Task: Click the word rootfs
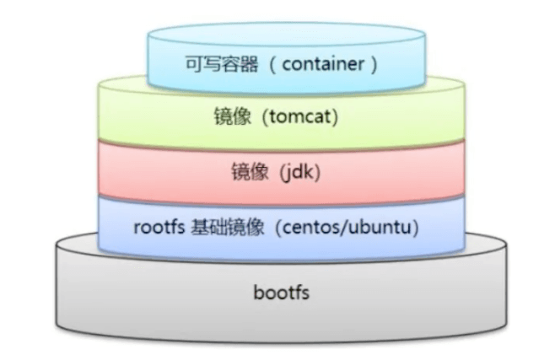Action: coord(157,228)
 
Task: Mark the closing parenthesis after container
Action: coord(372,63)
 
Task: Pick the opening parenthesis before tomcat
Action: coord(263,117)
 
